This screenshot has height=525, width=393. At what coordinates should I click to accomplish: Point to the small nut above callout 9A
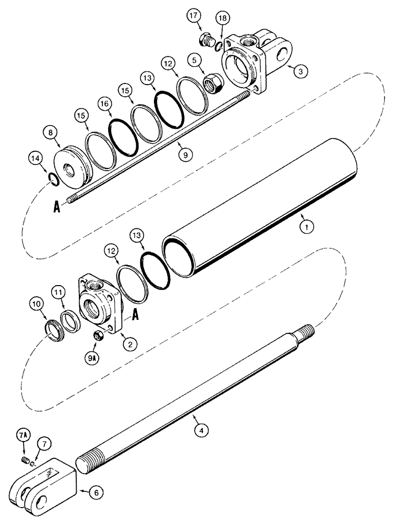pos(97,336)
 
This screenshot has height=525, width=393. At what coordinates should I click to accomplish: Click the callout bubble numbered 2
pos(128,344)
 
